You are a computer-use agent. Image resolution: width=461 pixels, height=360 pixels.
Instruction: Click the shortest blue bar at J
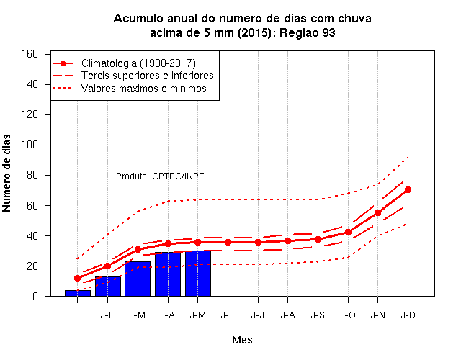tap(78, 293)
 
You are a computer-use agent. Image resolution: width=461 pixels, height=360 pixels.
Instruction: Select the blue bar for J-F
tap(108, 287)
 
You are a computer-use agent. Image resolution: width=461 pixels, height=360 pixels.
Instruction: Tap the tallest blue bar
tap(198, 274)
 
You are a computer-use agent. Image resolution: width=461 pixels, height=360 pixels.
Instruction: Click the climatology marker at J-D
tap(408, 190)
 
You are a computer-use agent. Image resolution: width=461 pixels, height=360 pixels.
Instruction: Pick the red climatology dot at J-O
tap(348, 232)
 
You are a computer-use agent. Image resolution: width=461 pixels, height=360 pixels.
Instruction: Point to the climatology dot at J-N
tap(377, 213)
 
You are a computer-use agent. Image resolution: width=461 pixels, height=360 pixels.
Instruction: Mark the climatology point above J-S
tap(318, 240)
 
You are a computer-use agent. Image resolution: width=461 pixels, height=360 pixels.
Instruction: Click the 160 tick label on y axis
tap(30, 54)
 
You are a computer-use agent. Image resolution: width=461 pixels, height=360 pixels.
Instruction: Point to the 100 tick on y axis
tap(30, 145)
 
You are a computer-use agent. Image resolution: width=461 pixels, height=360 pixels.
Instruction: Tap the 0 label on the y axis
tap(35, 296)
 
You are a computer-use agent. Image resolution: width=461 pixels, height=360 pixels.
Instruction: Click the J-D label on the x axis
tap(408, 315)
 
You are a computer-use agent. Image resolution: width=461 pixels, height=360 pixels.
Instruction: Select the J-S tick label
tap(318, 315)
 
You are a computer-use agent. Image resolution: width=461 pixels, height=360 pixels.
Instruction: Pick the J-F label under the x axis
tap(107, 315)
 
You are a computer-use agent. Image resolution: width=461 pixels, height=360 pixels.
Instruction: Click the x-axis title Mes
tap(242, 340)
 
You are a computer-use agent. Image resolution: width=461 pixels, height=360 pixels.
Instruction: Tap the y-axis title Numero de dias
tap(6, 174)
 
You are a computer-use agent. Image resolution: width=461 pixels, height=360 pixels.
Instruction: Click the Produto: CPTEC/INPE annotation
tap(160, 176)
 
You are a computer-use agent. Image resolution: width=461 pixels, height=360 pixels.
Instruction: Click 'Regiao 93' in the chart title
tap(308, 32)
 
